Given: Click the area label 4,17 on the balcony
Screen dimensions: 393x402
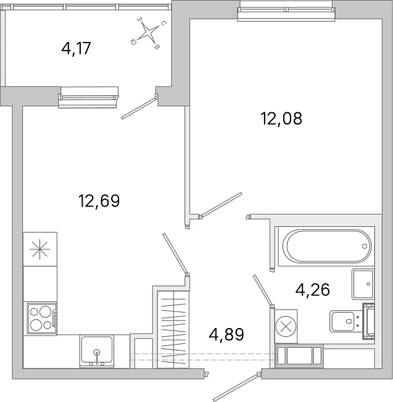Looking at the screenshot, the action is (x=76, y=48).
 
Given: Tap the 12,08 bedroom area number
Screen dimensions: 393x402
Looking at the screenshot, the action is (x=281, y=118).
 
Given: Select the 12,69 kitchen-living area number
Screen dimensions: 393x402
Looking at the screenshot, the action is (x=99, y=201).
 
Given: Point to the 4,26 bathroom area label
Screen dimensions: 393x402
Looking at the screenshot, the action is (x=312, y=290).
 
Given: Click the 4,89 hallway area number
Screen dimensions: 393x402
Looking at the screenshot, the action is (x=226, y=334).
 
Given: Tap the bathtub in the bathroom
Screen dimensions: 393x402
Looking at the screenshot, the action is (x=327, y=246).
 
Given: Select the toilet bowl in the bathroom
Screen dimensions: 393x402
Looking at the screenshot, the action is (x=343, y=321).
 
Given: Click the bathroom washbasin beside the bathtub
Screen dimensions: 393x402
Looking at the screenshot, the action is (x=363, y=284).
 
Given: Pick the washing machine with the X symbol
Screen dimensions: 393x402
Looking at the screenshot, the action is (x=286, y=326).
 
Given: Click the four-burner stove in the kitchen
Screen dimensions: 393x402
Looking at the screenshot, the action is (x=42, y=318).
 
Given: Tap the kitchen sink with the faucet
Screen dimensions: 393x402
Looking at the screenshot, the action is (x=97, y=351).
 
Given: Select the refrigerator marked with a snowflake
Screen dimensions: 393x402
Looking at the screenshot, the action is (x=40, y=249).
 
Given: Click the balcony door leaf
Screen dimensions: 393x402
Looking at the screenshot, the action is (x=139, y=109).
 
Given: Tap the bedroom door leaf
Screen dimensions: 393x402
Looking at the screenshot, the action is (x=221, y=205).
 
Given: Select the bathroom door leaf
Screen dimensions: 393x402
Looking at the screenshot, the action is (x=263, y=290).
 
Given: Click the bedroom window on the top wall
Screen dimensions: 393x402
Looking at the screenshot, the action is (x=286, y=11).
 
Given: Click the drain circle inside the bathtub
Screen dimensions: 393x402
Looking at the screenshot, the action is (x=365, y=246).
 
